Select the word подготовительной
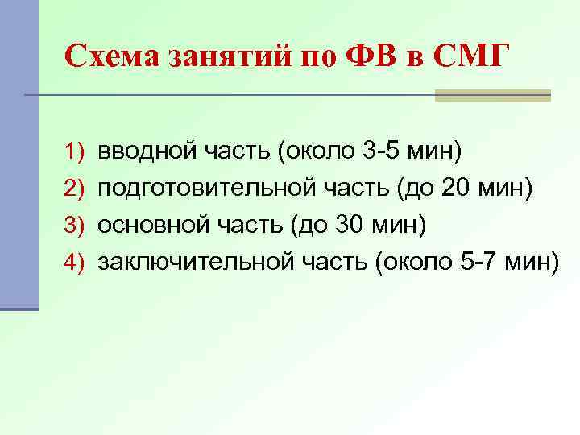pos(194,188)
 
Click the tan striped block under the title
pos(492,95)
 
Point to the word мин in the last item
pos(526,263)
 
